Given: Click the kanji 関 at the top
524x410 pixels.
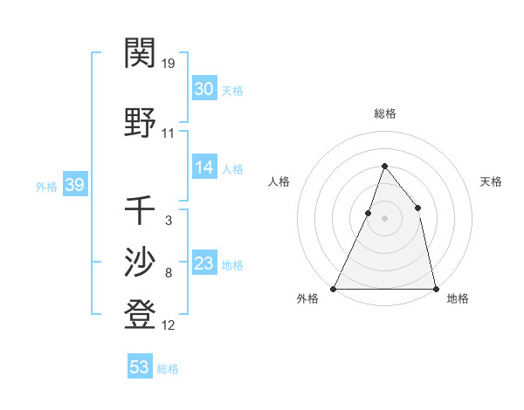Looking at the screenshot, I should [141, 54].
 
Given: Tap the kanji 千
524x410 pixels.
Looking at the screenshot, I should [141, 209].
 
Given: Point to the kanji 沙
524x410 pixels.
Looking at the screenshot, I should [141, 262].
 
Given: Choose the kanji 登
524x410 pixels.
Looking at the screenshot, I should [141, 315].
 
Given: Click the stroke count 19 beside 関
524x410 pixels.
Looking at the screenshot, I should [169, 64].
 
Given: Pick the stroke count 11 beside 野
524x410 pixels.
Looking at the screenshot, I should [169, 133].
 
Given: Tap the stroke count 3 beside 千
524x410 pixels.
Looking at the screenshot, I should [168, 221].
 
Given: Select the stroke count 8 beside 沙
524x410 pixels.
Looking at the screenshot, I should [168, 273].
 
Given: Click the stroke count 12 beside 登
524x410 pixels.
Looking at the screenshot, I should [169, 326].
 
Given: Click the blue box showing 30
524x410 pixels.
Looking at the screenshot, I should [204, 89].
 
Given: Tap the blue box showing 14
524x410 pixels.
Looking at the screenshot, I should [204, 168].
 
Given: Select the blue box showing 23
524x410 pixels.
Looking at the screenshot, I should [204, 264].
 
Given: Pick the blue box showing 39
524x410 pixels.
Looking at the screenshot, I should [74, 185].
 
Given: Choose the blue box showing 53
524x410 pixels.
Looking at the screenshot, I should [140, 367].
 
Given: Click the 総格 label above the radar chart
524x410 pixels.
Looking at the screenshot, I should [384, 113].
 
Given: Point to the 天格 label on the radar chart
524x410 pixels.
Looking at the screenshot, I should [491, 181].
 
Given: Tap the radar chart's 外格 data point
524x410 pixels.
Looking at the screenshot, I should [334, 288].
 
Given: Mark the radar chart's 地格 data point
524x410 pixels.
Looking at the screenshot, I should [435, 288].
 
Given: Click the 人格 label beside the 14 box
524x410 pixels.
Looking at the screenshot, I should [232, 169].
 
